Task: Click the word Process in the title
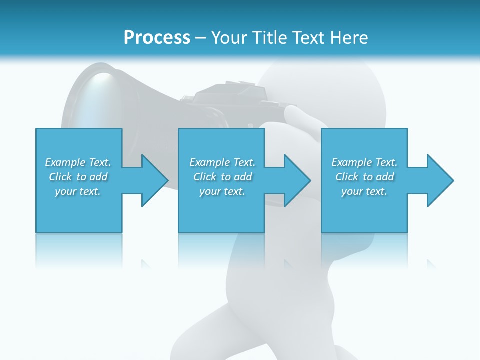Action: [157, 38]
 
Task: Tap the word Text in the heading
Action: [309, 38]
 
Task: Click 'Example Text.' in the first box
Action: [78, 162]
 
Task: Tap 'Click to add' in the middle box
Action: [222, 177]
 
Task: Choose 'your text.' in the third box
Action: [364, 191]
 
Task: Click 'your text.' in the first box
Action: [78, 191]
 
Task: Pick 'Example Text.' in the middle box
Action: [222, 162]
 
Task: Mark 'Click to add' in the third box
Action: [364, 177]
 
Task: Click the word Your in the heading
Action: [229, 38]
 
